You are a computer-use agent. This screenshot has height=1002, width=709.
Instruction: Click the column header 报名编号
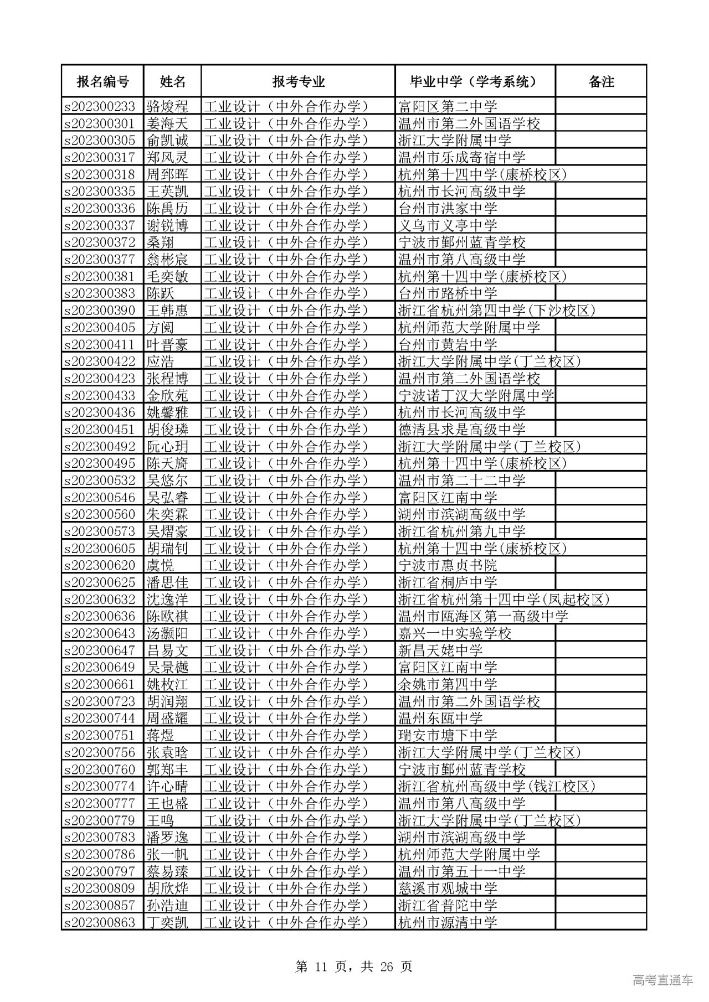tap(102, 82)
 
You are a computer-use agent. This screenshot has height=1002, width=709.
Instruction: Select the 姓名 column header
tap(172, 82)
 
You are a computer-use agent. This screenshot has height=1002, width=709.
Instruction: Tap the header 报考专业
tap(298, 82)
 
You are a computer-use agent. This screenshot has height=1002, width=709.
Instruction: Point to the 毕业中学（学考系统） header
tap(475, 82)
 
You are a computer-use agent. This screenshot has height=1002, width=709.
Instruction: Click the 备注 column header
tap(601, 82)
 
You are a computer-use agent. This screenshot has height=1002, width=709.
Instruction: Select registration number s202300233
tap(100, 106)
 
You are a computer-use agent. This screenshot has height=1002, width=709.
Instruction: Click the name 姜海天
tap(167, 123)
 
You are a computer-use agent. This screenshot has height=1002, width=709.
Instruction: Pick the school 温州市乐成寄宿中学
tap(462, 157)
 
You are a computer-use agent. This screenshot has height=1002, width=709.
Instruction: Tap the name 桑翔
tap(161, 242)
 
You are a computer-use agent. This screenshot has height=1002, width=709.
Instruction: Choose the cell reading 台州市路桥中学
tap(448, 293)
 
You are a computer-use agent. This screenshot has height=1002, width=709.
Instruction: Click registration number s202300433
tap(100, 395)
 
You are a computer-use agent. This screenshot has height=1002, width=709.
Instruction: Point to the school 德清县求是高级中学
tap(462, 430)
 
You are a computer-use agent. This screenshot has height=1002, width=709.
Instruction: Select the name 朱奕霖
tap(167, 514)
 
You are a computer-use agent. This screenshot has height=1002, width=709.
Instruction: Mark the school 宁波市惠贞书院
tap(448, 565)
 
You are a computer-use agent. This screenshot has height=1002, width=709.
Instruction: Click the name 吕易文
tap(167, 650)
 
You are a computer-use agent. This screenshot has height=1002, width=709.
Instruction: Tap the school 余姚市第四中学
tap(448, 684)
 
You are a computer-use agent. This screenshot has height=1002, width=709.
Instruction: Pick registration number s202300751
tap(100, 735)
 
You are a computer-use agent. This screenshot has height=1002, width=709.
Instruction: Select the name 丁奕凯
tap(167, 922)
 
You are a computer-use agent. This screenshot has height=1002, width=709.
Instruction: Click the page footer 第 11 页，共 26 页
tap(354, 967)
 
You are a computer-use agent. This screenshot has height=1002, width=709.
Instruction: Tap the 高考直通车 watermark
tap(662, 980)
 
